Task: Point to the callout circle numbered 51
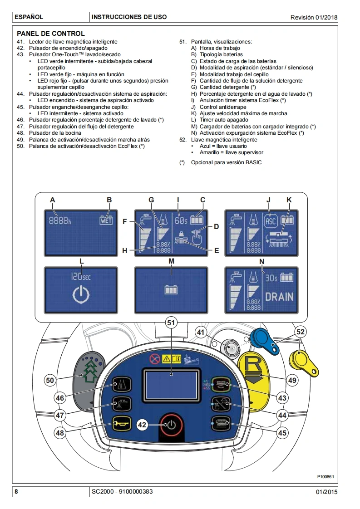point(172,323)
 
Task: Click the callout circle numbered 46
point(59,398)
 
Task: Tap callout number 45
point(282,433)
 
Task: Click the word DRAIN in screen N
point(279,298)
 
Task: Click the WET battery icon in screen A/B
point(105,220)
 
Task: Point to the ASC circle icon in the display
point(271,220)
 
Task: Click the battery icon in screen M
point(171,289)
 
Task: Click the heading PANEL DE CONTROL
point(51,34)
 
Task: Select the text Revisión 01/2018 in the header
point(314,17)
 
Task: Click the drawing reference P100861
point(325,476)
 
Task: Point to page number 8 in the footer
point(16,492)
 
